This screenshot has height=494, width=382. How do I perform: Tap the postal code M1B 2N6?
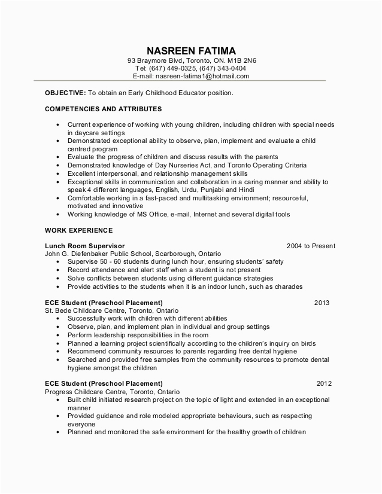244,61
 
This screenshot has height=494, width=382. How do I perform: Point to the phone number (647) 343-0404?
223,69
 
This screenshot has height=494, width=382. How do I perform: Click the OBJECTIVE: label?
65,93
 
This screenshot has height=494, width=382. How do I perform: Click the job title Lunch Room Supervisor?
84,246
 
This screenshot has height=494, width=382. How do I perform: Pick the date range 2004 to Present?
311,246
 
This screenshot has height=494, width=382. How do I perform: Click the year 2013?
322,303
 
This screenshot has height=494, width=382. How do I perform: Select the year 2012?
324,383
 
